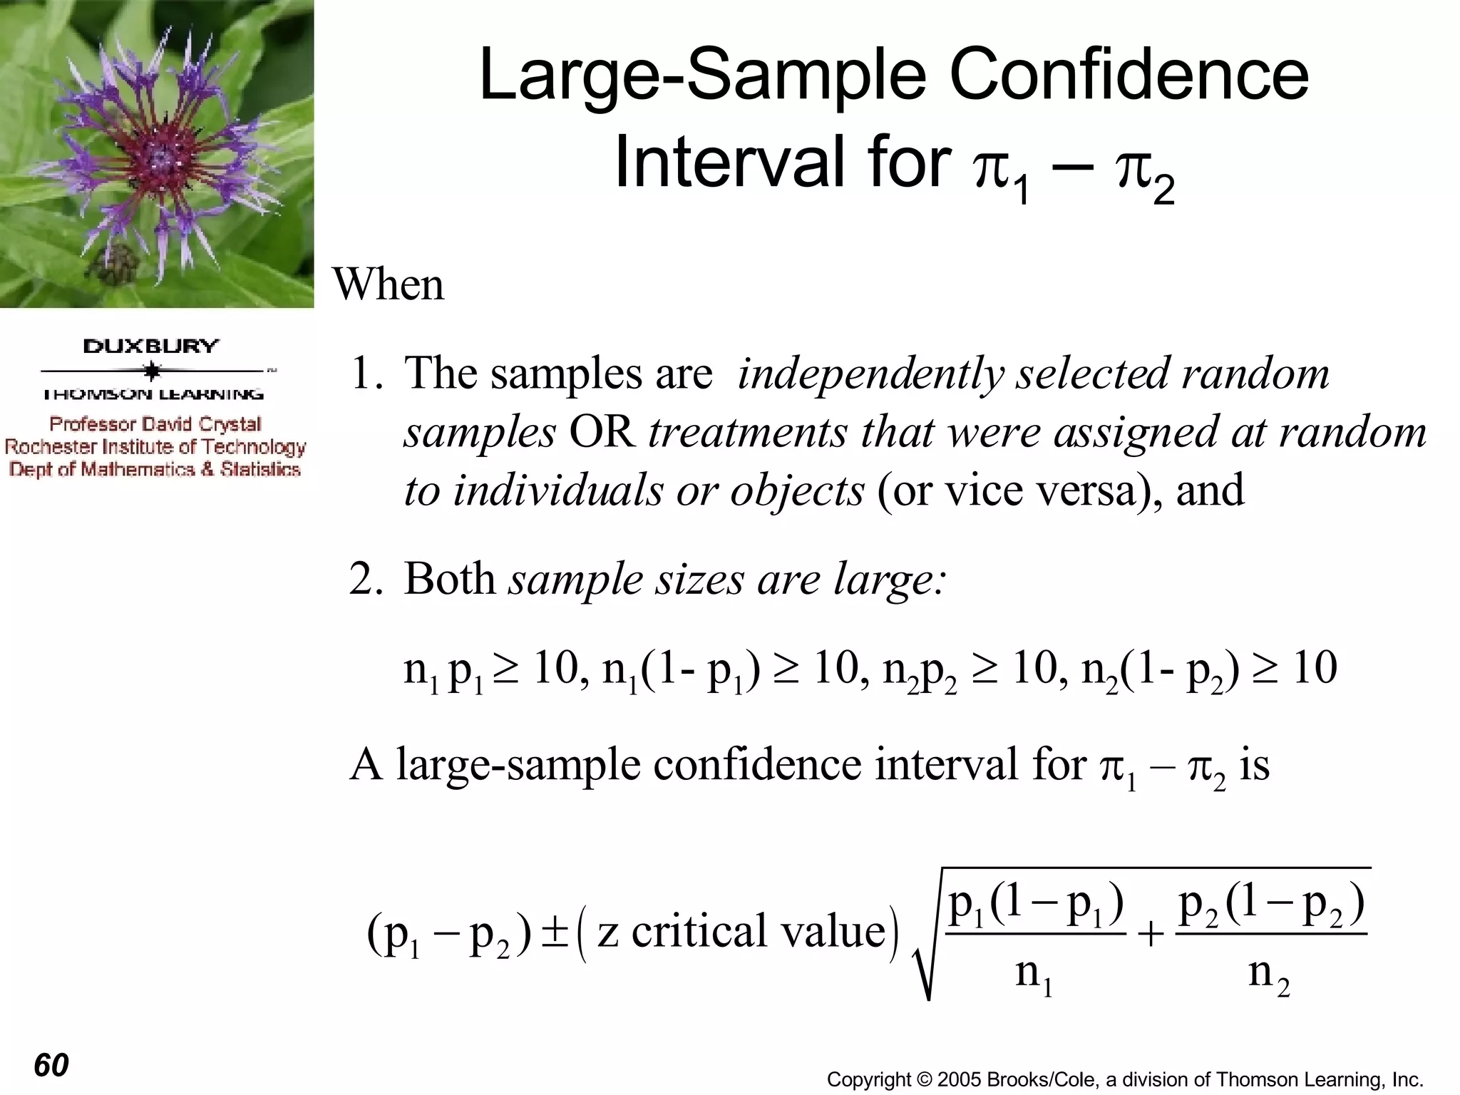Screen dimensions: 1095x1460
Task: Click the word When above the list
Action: [x=389, y=284]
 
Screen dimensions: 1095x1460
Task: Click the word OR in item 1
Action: [x=602, y=433]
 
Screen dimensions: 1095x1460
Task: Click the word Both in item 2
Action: [x=449, y=579]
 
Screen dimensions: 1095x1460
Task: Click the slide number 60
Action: [x=51, y=1065]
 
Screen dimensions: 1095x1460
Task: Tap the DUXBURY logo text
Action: [x=151, y=346]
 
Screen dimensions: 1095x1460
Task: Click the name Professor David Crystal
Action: [x=155, y=424]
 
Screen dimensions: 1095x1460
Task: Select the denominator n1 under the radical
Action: [x=1034, y=973]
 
